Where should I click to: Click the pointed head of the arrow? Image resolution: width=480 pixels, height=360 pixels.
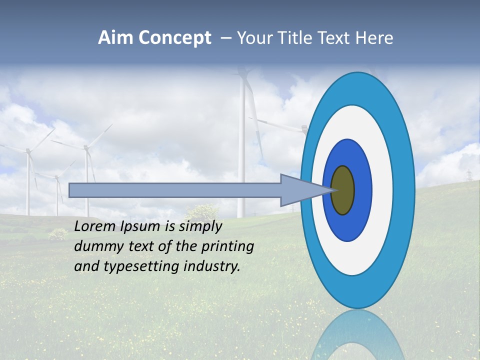(x=300, y=190)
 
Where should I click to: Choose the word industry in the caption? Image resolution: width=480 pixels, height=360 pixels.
(x=212, y=266)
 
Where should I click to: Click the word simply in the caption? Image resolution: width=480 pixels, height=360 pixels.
(x=200, y=227)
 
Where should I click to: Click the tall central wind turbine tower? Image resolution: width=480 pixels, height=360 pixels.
(x=242, y=150)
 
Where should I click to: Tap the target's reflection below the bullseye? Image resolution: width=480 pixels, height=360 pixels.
(x=357, y=335)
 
